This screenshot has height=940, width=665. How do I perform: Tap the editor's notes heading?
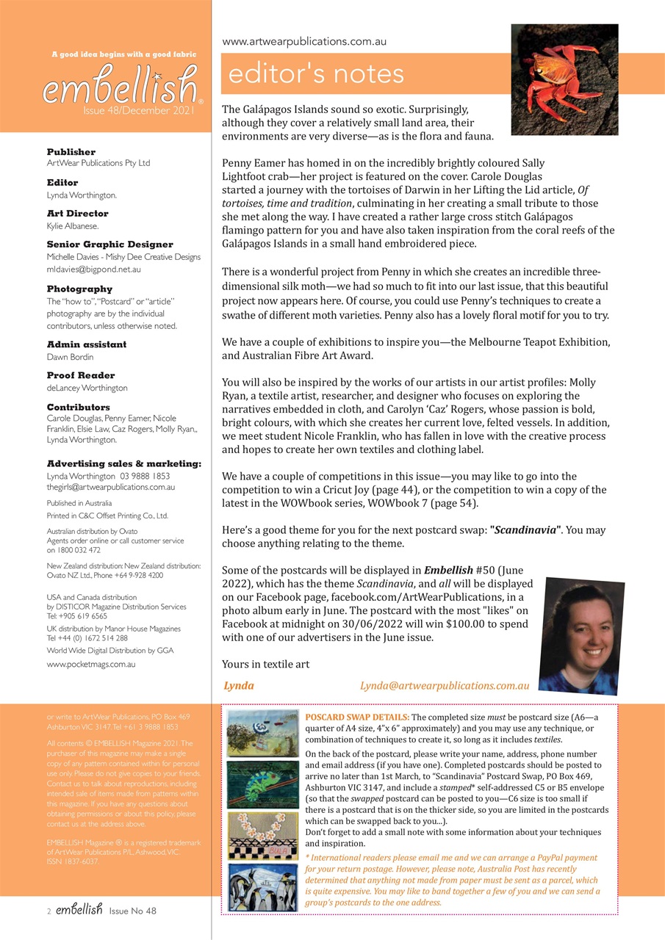pos(317,74)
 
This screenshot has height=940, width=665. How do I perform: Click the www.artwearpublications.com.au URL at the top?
pos(304,42)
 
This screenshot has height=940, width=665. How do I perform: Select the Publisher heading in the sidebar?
pos(71,152)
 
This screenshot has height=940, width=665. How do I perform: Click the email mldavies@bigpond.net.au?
pos(94,270)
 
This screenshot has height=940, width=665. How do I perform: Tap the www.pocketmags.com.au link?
pos(91,665)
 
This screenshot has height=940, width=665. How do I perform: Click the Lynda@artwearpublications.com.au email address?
pos(445,685)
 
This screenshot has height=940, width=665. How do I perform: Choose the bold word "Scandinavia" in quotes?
pos(526,529)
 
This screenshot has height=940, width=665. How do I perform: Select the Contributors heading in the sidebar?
pos(79,407)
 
